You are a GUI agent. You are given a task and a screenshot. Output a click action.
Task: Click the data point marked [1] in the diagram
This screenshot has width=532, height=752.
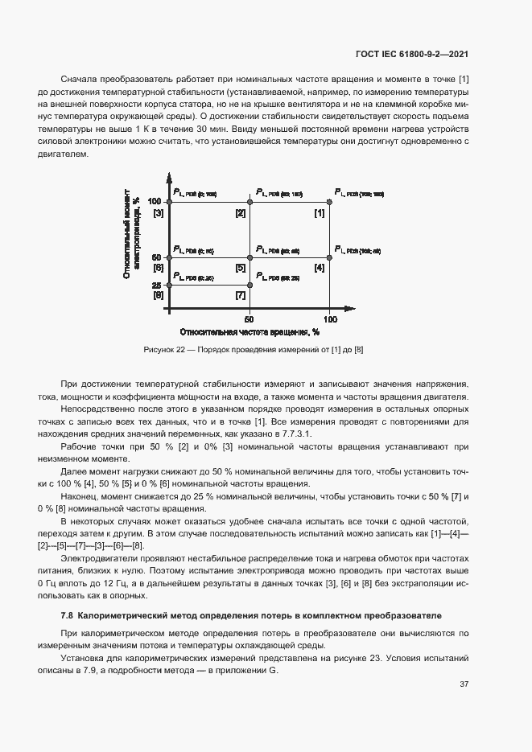pyautogui.click(x=329, y=202)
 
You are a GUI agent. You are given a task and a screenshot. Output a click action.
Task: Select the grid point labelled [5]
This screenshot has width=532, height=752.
pyautogui.click(x=250, y=257)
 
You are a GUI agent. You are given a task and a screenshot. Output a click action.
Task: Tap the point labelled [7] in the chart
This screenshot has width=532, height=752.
pyautogui.click(x=250, y=285)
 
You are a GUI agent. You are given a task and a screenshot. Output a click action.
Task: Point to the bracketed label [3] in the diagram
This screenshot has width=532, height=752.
pyautogui.click(x=159, y=213)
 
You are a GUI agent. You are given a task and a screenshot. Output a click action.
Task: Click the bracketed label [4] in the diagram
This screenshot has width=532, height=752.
pyautogui.click(x=320, y=267)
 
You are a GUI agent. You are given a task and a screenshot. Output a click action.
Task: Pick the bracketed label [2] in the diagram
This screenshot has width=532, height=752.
pyautogui.click(x=240, y=213)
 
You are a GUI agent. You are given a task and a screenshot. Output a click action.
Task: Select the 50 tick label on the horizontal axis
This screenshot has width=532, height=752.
pyautogui.click(x=250, y=318)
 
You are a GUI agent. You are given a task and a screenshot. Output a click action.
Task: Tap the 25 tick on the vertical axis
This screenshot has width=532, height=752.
pyautogui.click(x=158, y=285)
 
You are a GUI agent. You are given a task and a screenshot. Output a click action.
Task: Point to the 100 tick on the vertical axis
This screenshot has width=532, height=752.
pyautogui.click(x=155, y=202)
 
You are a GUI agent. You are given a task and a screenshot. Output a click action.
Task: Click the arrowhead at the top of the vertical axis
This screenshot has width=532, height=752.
pyautogui.click(x=169, y=175)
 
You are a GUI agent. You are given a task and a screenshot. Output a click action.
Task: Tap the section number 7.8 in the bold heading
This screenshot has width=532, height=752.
pyautogui.click(x=68, y=616)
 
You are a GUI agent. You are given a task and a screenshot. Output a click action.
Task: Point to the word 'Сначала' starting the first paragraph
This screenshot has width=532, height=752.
pyautogui.click(x=79, y=80)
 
